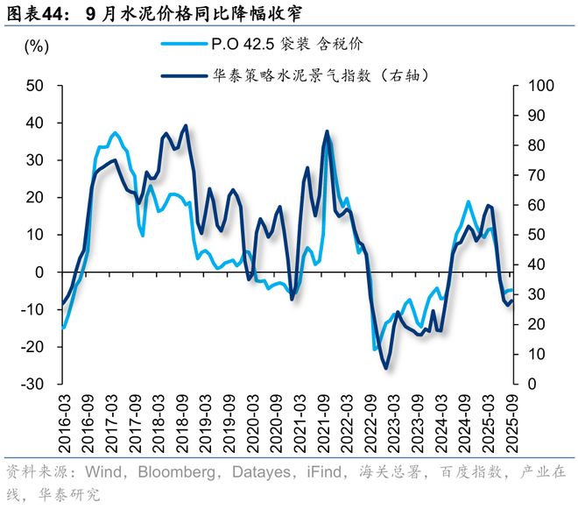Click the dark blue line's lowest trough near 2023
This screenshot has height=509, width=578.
pos(384,368)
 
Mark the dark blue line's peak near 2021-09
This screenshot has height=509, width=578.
pos(327,131)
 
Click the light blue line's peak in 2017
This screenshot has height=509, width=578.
pos(116,133)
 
